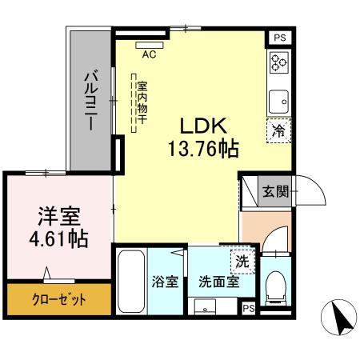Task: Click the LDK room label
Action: (204, 126)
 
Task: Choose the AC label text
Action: (149, 55)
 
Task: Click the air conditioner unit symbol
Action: (148, 45)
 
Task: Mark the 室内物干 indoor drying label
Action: (142, 102)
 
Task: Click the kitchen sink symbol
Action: (278, 101)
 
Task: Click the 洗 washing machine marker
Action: (242, 261)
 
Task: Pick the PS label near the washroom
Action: (249, 308)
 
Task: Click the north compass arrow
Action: (338, 320)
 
